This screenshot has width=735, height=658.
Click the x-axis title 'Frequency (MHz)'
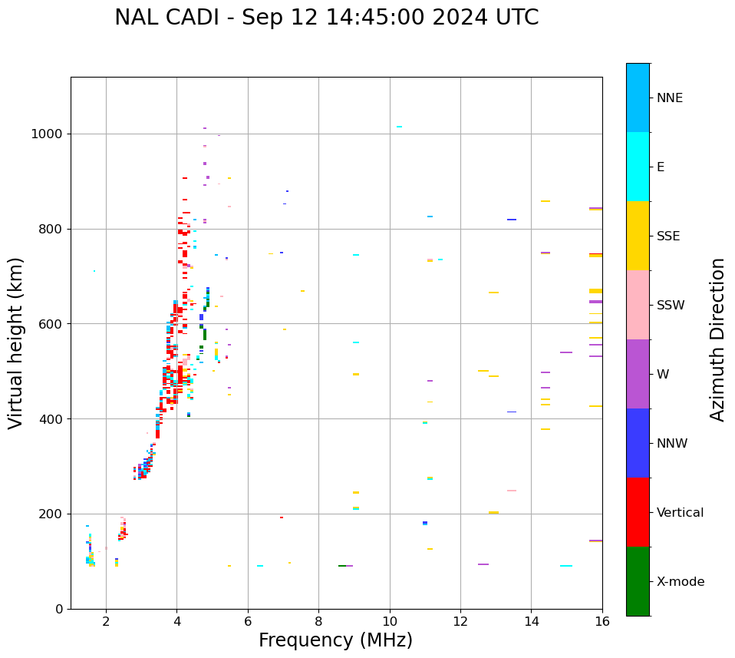coord(335,640)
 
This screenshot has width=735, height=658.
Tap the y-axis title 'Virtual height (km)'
coord(16,342)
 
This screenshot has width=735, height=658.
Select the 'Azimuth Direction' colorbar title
coord(717,339)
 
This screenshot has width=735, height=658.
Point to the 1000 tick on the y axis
coord(51,134)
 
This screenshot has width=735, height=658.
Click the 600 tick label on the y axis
coord(54,324)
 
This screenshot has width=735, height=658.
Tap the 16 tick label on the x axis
coord(602,621)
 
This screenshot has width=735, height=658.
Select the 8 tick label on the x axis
coord(318,621)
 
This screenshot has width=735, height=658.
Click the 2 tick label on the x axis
coord(106,621)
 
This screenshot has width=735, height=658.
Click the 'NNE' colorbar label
coord(669,98)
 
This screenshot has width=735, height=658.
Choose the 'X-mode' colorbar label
coord(680,582)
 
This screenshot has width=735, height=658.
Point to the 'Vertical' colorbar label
coord(680,513)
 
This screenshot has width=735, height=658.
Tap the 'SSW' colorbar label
coord(671,306)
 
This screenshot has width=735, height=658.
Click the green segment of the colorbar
coord(638,581)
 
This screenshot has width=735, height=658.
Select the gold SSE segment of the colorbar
coord(638,236)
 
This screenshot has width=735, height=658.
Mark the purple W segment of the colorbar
coord(638,374)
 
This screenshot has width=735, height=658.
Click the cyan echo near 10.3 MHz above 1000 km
coord(399,127)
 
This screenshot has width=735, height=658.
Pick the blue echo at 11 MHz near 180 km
coord(425,523)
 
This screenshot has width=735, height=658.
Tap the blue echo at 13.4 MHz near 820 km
coord(512,220)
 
